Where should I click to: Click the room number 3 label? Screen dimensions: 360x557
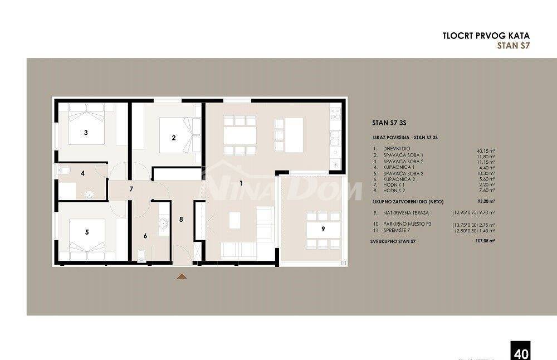click(85, 133)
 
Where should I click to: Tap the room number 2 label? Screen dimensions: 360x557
click(174, 138)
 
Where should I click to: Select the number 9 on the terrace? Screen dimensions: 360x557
click(323, 228)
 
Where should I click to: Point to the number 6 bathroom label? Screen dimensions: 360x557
click(145, 236)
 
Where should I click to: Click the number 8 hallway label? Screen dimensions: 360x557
click(181, 219)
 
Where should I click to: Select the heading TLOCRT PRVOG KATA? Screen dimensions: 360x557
click(485, 36)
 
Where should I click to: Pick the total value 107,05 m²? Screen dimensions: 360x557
click(485, 241)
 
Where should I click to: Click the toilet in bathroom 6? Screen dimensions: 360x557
click(141, 256)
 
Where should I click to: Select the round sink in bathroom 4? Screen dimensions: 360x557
click(89, 194)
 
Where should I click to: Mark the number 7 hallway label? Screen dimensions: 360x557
click(131, 189)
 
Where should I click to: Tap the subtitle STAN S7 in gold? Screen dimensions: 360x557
click(512, 46)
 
